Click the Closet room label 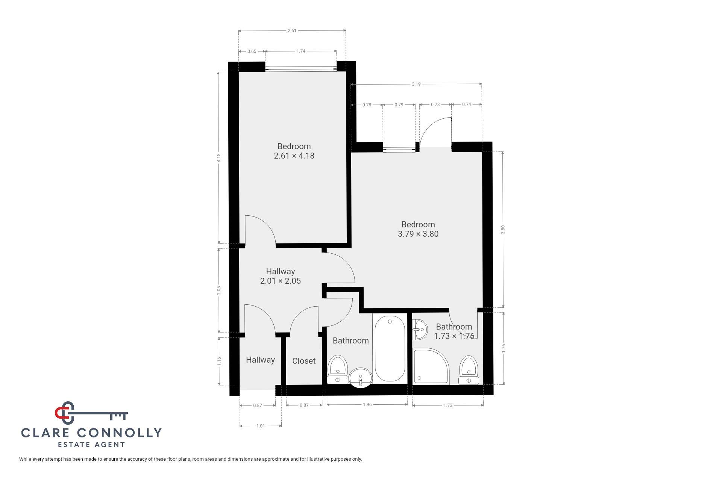(304, 361)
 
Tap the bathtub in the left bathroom (390, 349)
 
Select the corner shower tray (431, 366)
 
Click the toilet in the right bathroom (469, 370)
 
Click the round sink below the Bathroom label (361, 377)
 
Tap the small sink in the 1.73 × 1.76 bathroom (420, 330)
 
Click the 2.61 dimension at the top (292, 30)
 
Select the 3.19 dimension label (416, 84)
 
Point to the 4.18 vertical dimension (219, 157)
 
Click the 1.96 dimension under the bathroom (367, 405)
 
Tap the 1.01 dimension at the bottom (261, 426)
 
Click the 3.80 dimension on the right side (503, 230)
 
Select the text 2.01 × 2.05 (281, 281)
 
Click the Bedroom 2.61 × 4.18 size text (294, 156)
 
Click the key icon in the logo (92, 413)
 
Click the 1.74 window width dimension (301, 51)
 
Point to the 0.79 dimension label (399, 104)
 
